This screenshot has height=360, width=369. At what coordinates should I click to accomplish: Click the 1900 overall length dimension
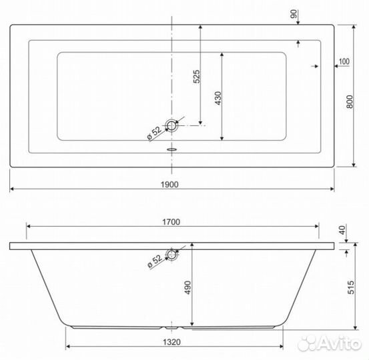pos(169,185)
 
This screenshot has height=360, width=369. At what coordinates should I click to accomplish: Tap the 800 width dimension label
pos(350,101)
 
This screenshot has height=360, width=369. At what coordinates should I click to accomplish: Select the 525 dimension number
pos(196,77)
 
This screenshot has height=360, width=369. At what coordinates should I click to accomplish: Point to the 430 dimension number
pos(218,98)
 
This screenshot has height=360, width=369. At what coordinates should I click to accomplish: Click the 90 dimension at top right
pos(294,14)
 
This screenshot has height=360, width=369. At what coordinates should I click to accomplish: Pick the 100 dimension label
pos(344,61)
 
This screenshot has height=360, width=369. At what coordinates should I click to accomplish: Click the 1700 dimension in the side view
pos(171,222)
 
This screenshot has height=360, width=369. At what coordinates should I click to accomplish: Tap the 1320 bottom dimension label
pos(171,342)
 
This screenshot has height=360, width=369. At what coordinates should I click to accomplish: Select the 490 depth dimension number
pos(188,287)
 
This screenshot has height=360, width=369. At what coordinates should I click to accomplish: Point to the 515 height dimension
pos(350,287)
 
